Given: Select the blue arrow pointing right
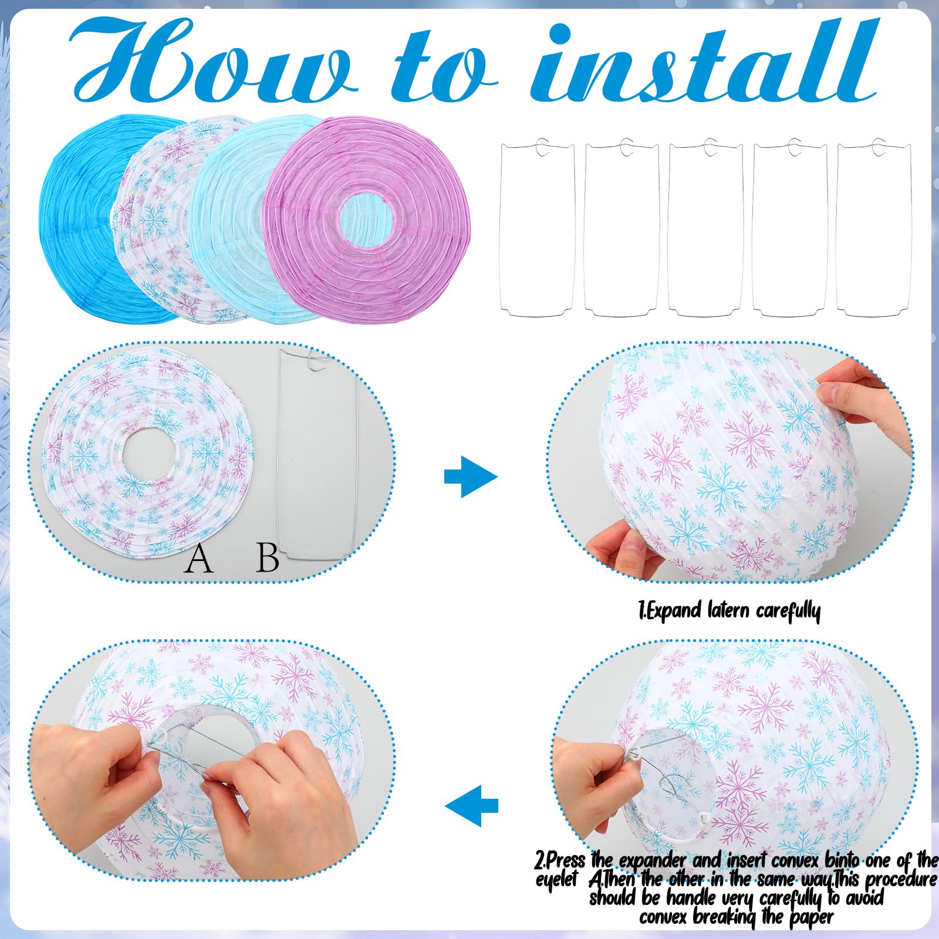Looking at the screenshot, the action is [x=471, y=476].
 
